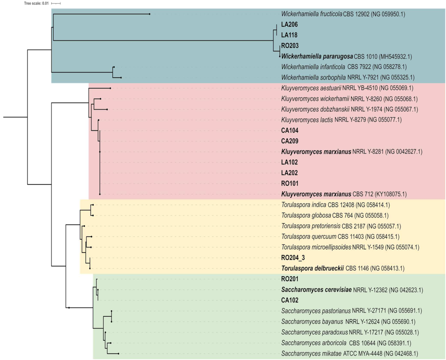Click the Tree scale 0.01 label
click(36, 3)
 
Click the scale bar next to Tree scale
click(56, 3)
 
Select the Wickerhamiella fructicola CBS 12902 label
click(343, 14)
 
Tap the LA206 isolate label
click(289, 25)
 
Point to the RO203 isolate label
click(290, 46)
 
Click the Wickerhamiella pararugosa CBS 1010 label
click(346, 56)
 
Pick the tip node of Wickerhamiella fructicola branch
click(149, 14)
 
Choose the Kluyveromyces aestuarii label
click(347, 88)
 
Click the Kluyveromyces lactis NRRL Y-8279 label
click(341, 120)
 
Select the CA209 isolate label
click(290, 141)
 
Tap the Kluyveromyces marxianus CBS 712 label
click(344, 194)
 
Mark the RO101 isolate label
click(290, 184)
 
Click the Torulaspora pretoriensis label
click(341, 226)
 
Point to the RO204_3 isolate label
click(293, 258)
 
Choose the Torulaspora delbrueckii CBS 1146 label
click(343, 269)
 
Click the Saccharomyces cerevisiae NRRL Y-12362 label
click(352, 290)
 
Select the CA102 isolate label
click(290, 300)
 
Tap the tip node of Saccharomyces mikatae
click(118, 354)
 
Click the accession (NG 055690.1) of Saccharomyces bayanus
click(398, 322)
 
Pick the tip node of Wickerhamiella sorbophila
click(121, 78)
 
